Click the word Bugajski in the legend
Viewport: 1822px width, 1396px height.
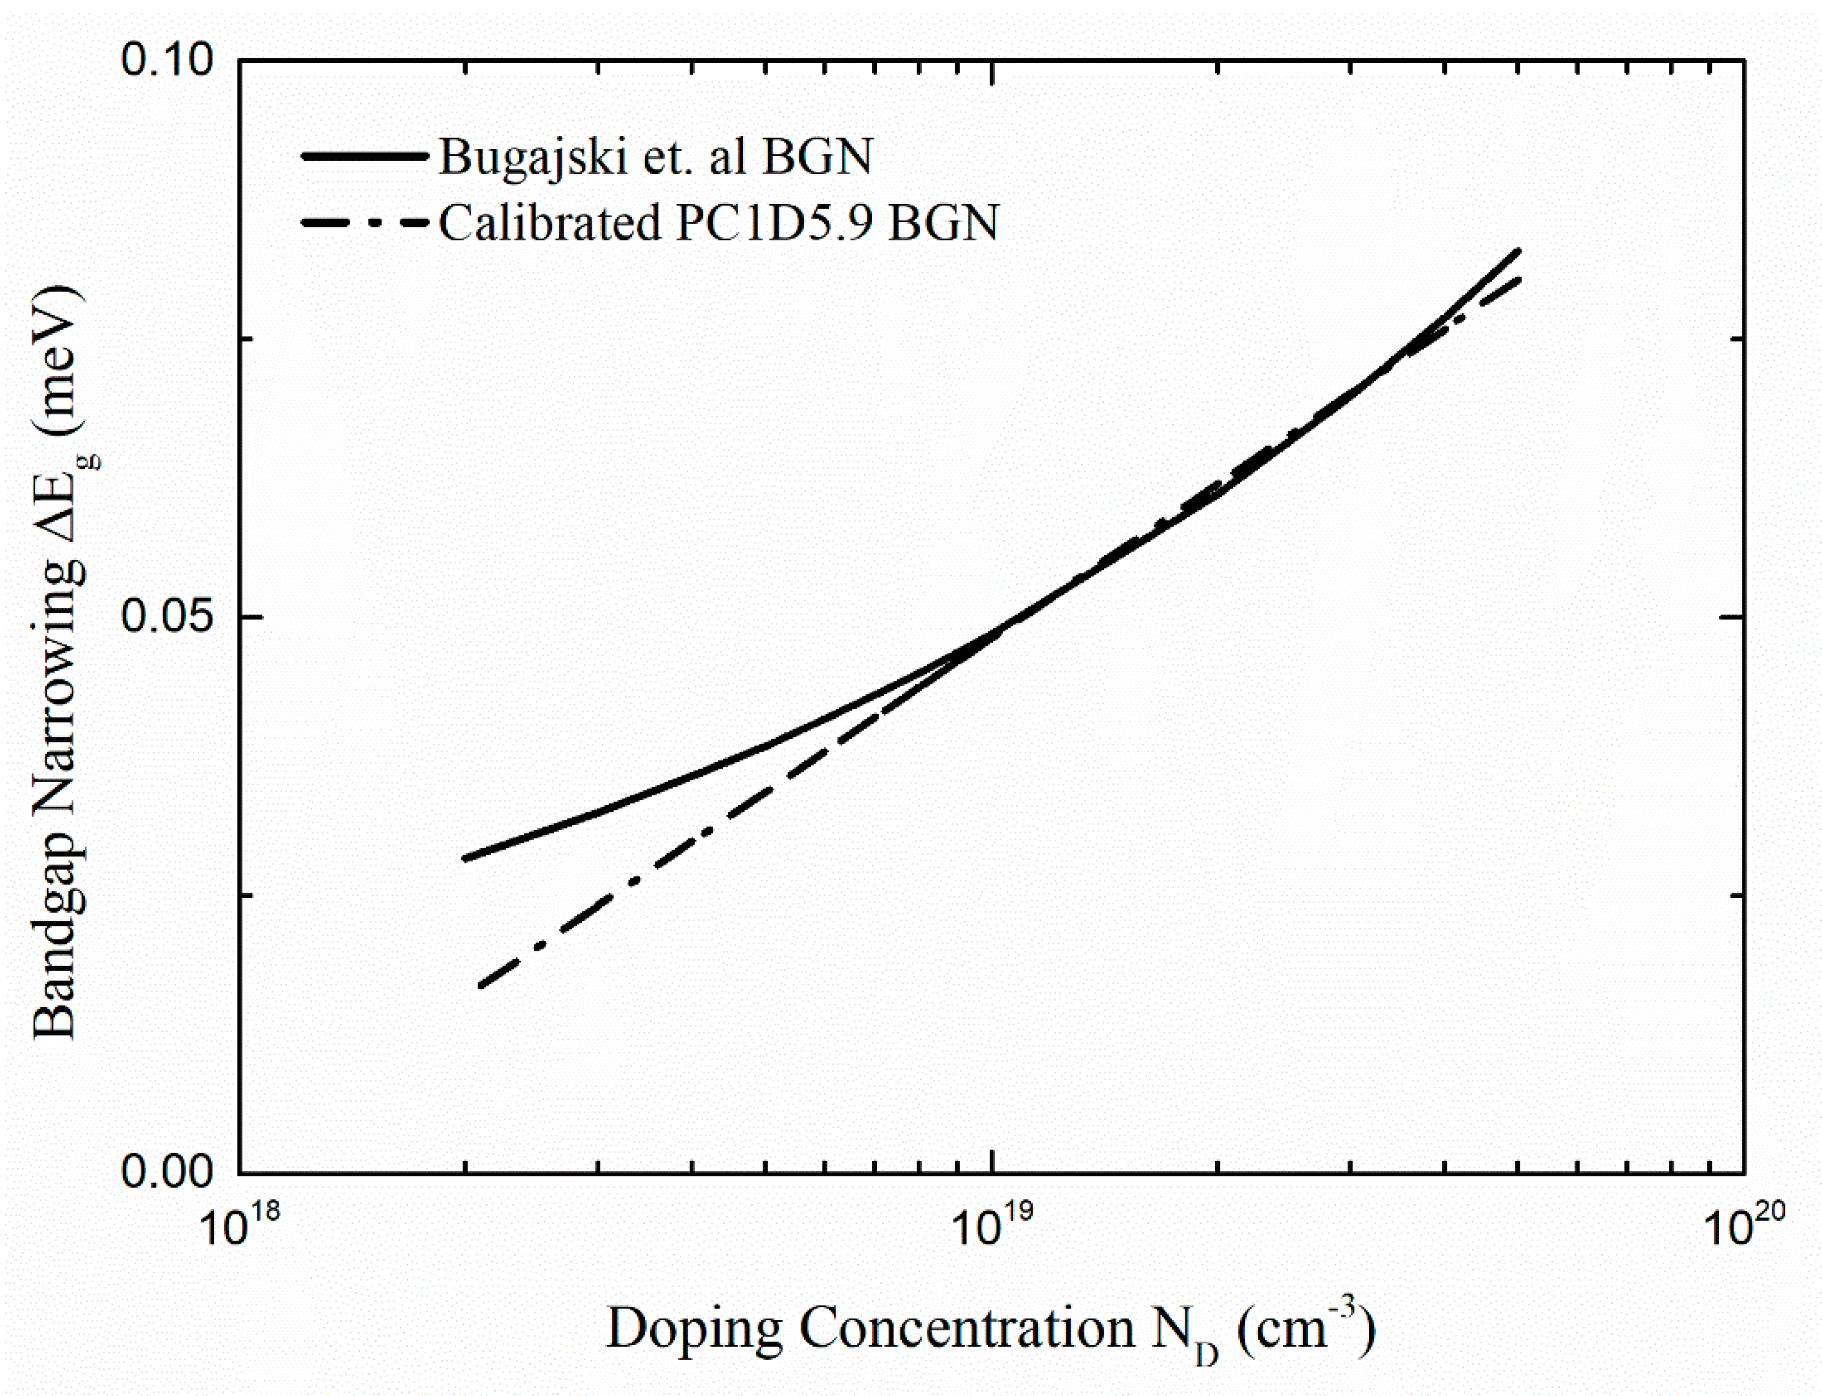click(x=532, y=156)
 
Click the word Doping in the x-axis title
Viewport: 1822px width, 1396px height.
click(x=694, y=1327)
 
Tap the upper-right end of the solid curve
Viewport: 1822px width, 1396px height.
click(x=1519, y=250)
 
